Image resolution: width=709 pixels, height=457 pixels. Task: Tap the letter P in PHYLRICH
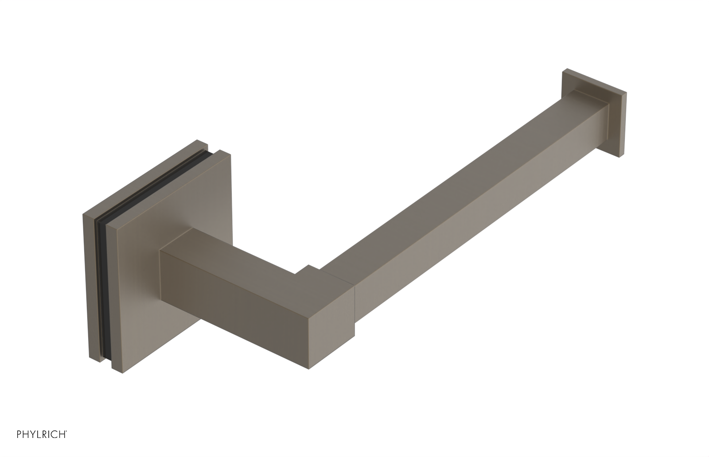(19, 447)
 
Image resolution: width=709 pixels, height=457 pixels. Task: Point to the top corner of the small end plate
(565, 70)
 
